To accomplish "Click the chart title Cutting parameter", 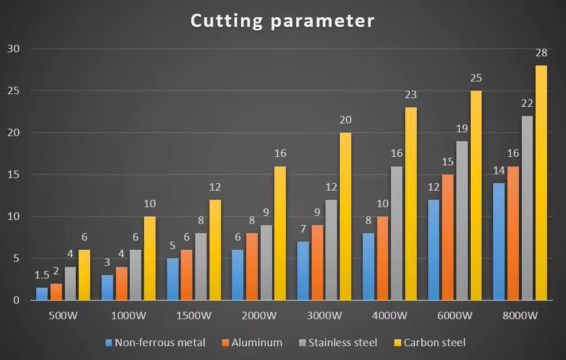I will [x=282, y=21].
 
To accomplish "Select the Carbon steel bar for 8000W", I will [x=541, y=183].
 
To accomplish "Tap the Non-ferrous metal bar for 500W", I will [x=42, y=294].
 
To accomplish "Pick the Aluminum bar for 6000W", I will [x=448, y=238].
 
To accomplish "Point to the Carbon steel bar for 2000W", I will [x=280, y=233].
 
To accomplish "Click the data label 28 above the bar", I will [x=541, y=53].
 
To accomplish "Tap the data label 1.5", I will [x=41, y=275].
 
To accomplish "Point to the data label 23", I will [x=410, y=95].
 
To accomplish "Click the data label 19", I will [x=462, y=129].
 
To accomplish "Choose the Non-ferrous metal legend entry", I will [x=155, y=343].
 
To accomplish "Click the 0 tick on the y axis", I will [x=16, y=300].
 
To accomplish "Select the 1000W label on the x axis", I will [x=129, y=316].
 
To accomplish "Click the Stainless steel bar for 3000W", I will [x=332, y=250].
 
